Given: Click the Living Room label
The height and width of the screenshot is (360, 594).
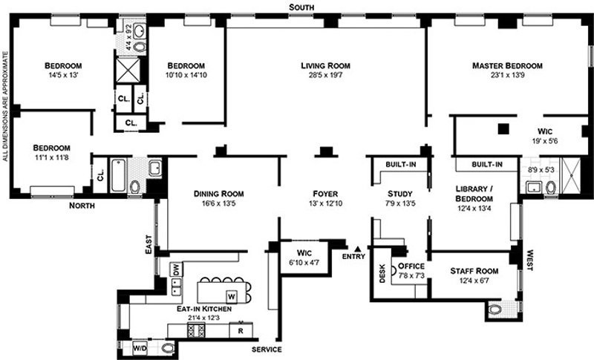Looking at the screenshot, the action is pyautogui.click(x=325, y=65).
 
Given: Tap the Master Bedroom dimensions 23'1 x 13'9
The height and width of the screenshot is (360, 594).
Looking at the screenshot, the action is pyautogui.click(x=507, y=76).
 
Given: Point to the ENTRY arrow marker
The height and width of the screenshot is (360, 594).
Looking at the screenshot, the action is pyautogui.click(x=358, y=249).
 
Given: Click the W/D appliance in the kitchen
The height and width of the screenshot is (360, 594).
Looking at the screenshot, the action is pyautogui.click(x=140, y=347).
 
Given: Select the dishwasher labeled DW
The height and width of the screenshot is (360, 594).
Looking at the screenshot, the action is pyautogui.click(x=176, y=269).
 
